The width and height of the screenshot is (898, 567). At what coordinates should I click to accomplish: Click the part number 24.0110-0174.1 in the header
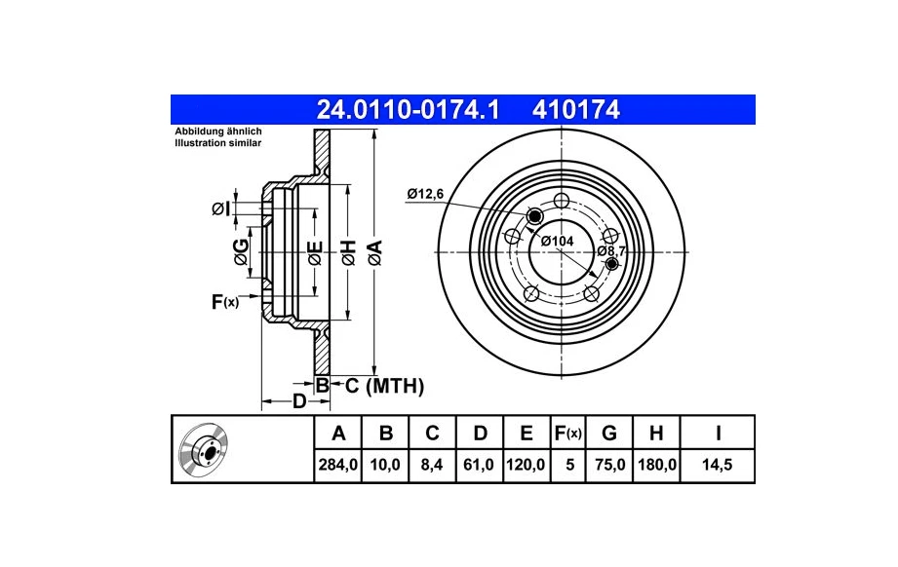click(x=408, y=109)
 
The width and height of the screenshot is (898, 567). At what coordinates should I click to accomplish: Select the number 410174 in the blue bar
click(x=576, y=109)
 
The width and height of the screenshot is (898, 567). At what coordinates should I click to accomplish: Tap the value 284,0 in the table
click(x=338, y=466)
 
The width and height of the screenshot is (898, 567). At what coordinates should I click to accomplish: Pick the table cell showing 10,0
click(x=385, y=466)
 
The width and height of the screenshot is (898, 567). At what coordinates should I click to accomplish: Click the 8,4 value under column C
click(x=432, y=466)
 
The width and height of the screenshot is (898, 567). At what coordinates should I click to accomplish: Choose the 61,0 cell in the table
click(x=479, y=466)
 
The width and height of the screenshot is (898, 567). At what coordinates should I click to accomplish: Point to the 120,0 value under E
click(x=526, y=466)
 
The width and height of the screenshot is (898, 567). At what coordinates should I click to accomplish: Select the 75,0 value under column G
click(x=610, y=466)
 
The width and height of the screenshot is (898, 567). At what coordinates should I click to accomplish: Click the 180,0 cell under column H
click(x=656, y=466)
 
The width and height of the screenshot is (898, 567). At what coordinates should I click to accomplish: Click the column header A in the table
click(x=338, y=434)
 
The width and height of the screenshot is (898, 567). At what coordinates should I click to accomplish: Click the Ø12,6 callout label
click(x=425, y=195)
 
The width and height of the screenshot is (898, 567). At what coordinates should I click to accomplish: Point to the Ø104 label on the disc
click(x=557, y=240)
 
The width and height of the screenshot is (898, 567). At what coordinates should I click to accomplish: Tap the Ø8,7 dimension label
click(x=611, y=250)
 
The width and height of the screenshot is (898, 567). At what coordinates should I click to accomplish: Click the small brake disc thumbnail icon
click(x=203, y=449)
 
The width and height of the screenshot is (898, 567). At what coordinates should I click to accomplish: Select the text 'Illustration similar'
click(x=217, y=142)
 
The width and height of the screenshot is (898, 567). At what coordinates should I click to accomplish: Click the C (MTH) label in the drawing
click(x=384, y=387)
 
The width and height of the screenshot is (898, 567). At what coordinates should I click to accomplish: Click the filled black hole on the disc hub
click(x=534, y=215)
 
